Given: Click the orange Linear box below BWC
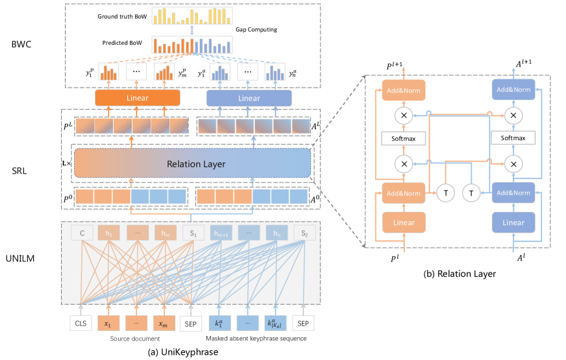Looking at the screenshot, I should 137,98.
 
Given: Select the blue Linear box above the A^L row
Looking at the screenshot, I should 249,98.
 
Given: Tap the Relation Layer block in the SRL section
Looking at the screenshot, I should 193,163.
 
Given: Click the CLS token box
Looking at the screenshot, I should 81,322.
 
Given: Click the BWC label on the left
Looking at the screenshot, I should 22,44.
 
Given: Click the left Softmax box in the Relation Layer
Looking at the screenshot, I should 403,138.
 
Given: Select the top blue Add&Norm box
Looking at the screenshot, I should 513,90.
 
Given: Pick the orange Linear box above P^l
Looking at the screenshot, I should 403,222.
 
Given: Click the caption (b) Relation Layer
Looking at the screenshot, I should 458,274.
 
